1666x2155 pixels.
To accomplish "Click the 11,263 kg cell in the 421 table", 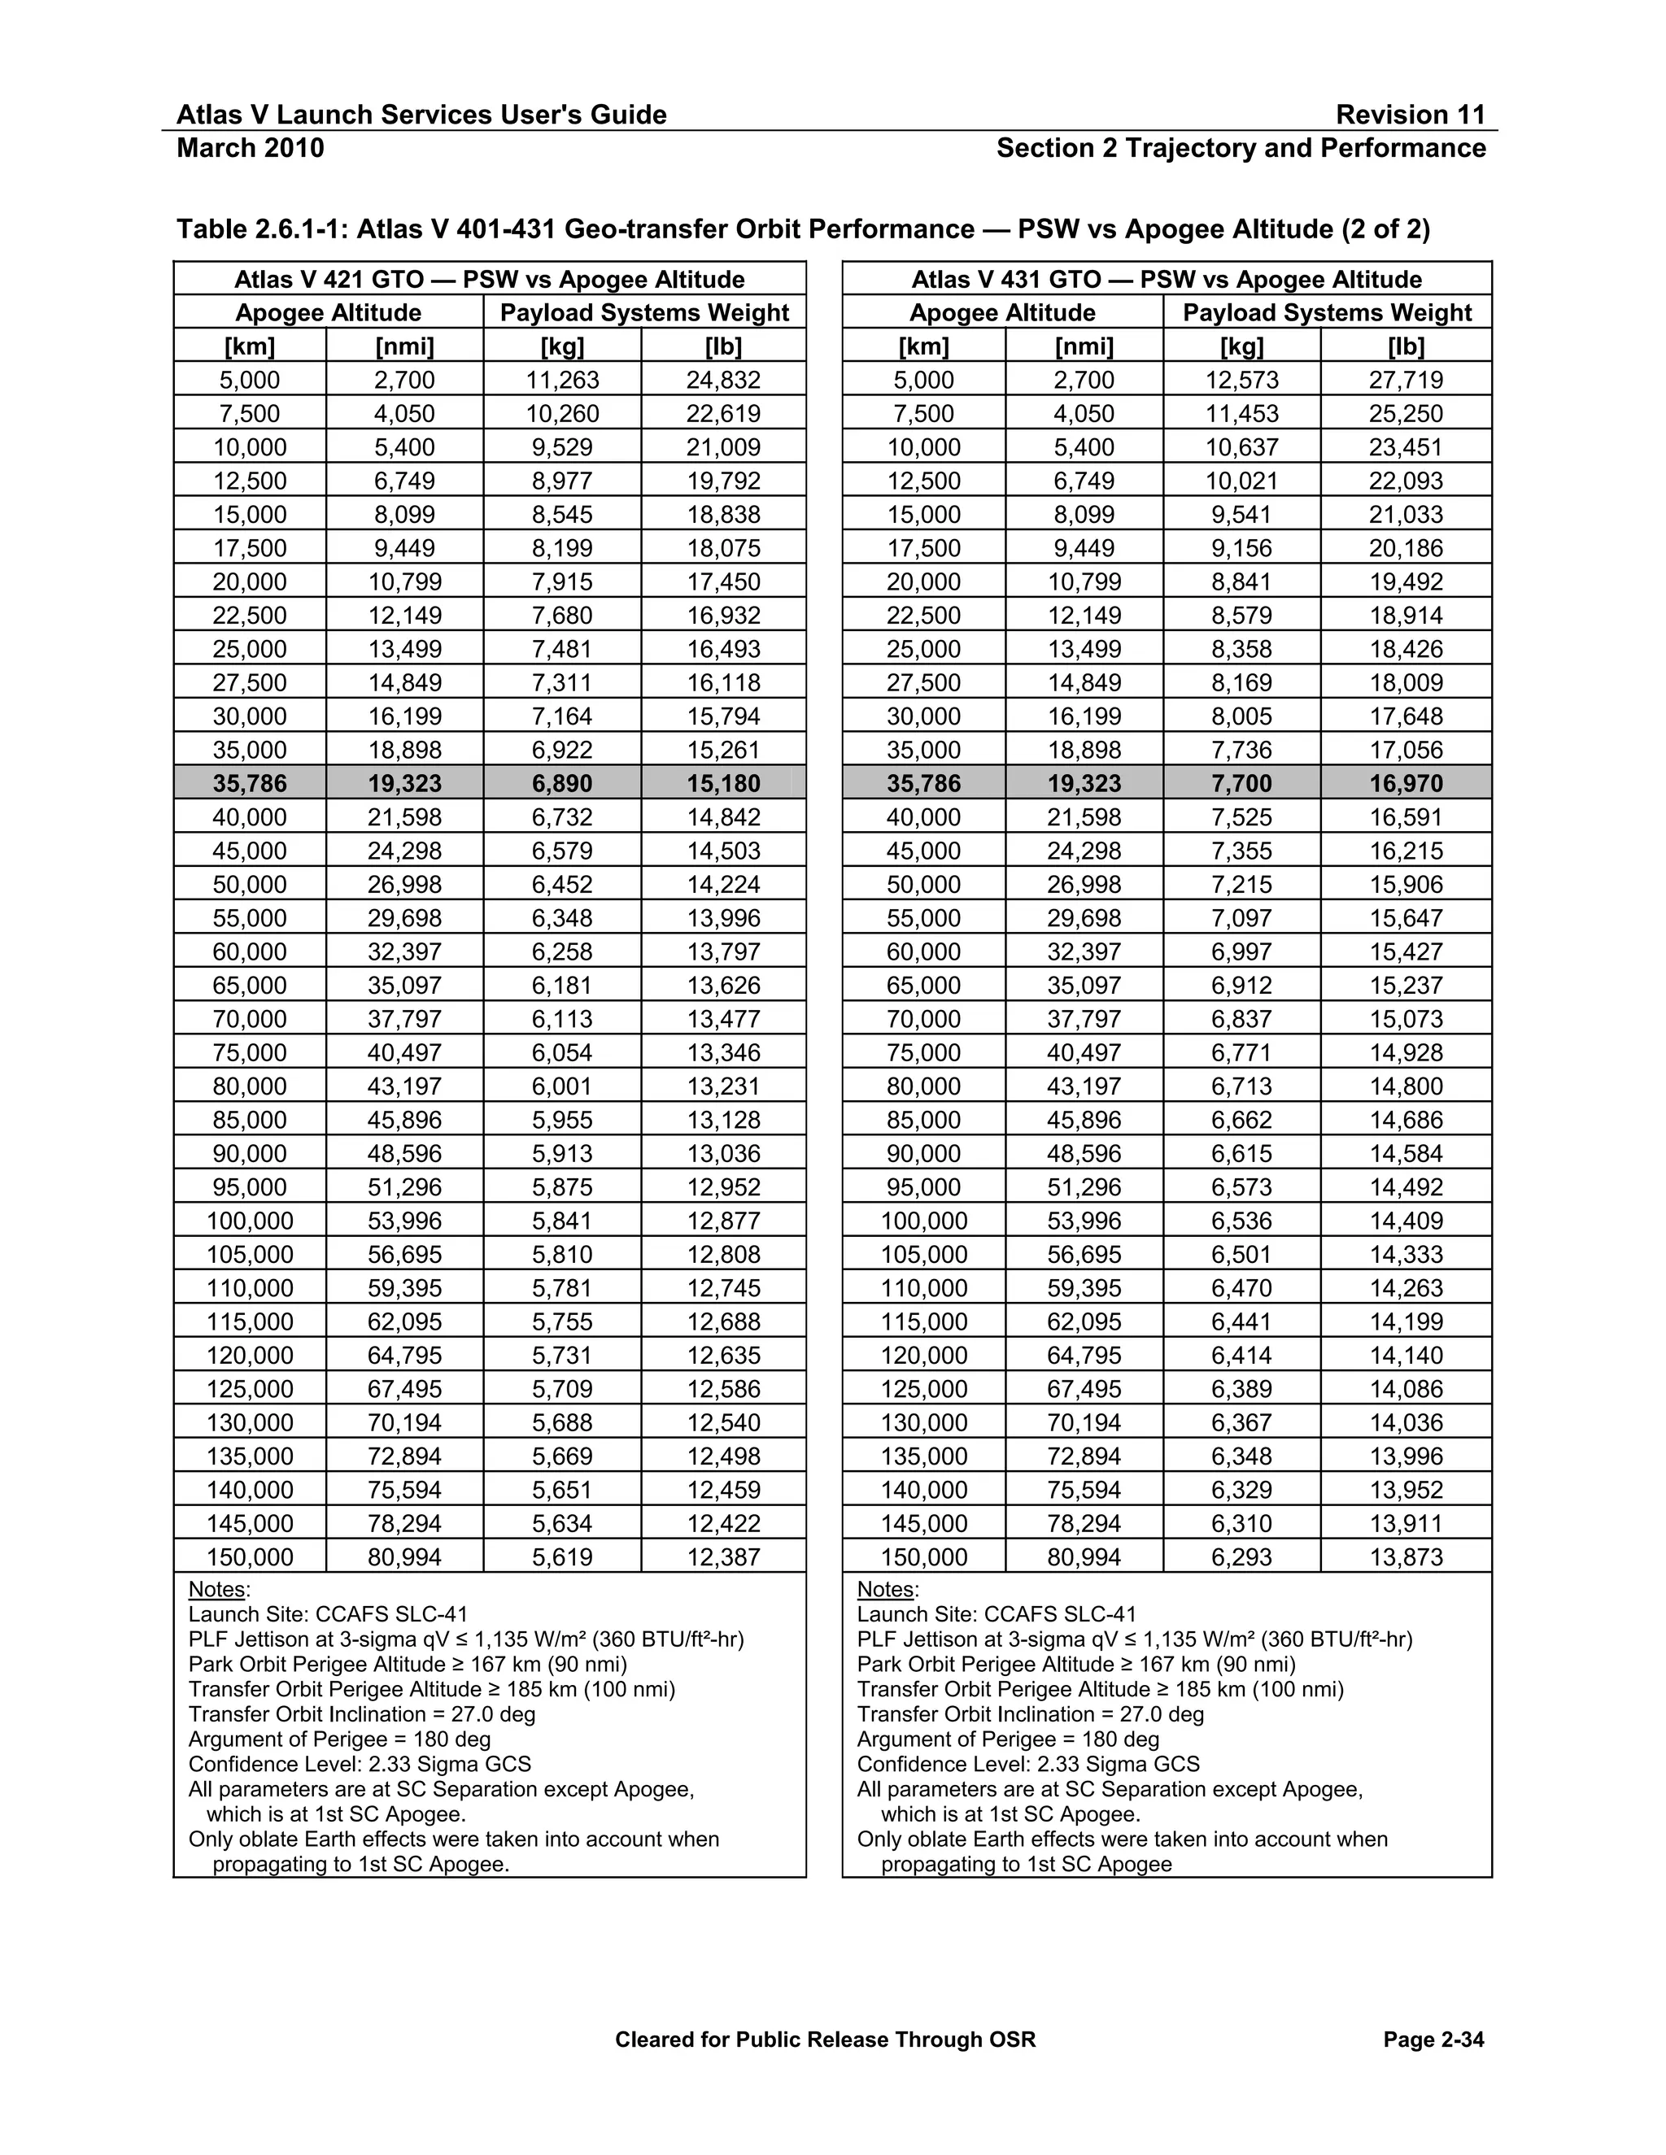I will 561,380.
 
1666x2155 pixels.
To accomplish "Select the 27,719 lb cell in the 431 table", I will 1406,380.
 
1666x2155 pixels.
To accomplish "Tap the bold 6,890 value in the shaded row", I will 561,783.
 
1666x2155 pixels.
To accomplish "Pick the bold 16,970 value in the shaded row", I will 1406,783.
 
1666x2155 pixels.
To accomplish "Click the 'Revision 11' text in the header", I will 1410,115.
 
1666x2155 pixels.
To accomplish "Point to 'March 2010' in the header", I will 250,148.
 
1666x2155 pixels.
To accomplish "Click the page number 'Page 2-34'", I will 1433,2040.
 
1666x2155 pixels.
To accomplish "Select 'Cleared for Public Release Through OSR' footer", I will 825,2040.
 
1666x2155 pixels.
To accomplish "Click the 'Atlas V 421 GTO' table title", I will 489,279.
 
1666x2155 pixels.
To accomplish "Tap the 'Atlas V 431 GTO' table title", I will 1167,279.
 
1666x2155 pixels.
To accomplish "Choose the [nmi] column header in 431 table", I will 1084,346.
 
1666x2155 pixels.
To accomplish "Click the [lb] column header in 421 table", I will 723,346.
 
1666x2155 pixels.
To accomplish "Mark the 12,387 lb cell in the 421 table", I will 723,1557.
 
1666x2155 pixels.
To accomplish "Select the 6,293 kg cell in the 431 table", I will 1241,1557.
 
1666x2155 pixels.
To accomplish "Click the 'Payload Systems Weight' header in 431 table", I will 1327,313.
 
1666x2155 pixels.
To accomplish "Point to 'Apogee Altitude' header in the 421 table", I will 328,313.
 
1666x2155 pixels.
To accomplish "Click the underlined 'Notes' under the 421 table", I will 217,1590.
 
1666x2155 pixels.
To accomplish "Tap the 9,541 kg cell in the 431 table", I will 1241,514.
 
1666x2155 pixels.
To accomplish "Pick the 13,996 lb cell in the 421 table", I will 723,917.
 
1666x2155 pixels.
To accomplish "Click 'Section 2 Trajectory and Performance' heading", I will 1241,148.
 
